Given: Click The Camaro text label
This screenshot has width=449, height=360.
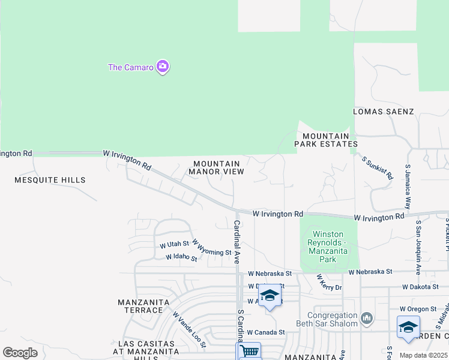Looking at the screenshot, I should [x=130, y=67].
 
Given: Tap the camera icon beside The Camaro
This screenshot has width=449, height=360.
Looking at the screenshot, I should [x=162, y=67].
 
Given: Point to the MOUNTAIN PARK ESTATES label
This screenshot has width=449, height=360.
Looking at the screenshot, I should [x=326, y=140].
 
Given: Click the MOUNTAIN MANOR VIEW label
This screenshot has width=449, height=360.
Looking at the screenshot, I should [x=217, y=167].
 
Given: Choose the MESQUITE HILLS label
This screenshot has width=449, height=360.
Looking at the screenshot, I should [x=50, y=180].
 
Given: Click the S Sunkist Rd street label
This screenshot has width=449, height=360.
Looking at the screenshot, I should [x=378, y=168].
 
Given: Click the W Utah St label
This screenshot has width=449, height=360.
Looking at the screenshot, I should [x=174, y=245].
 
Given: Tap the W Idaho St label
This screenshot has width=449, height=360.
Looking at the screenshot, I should [x=182, y=257].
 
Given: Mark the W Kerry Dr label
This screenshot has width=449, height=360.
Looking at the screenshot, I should [x=329, y=283].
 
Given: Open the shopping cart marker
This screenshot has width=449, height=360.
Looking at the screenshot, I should [x=249, y=350].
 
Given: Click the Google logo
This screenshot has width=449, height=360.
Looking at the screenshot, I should [x=20, y=353].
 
